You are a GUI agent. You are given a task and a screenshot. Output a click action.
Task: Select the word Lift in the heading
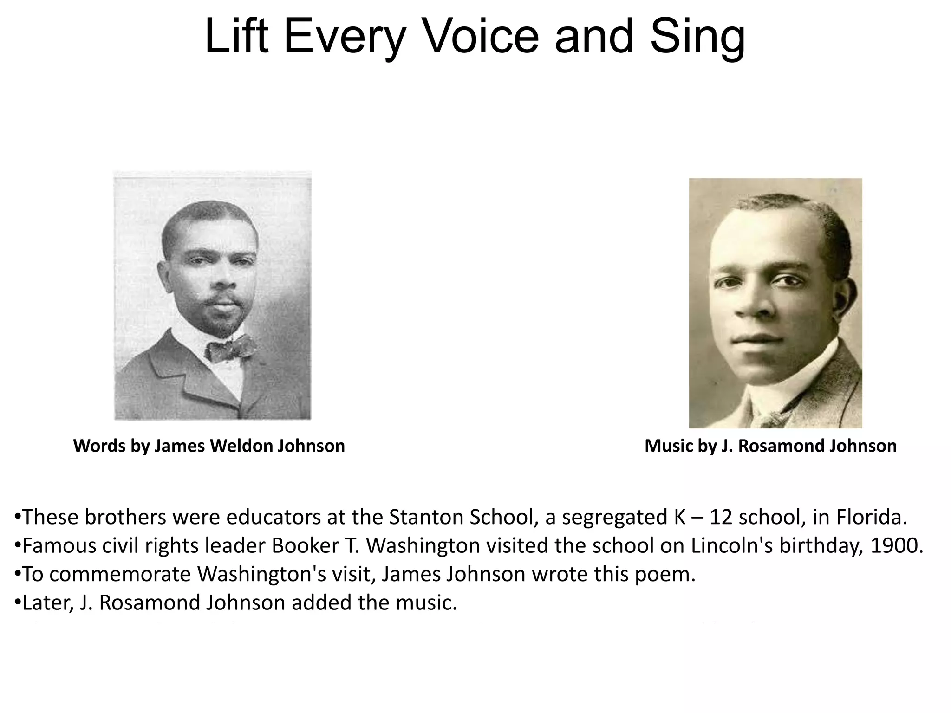236,36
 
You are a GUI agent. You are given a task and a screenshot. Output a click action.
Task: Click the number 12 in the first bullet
720,517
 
